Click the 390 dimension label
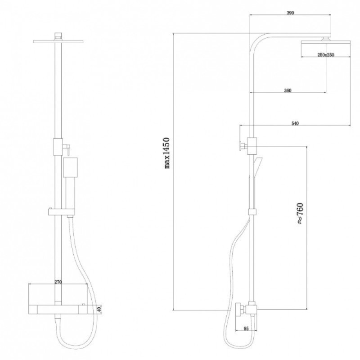pyautogui.click(x=290, y=13)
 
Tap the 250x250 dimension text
pyautogui.click(x=326, y=55)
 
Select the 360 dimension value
pyautogui.click(x=288, y=90)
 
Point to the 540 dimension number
pyautogui.click(x=295, y=123)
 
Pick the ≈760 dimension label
pyautogui.click(x=300, y=213)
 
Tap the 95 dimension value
pyautogui.click(x=246, y=329)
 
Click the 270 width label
pyautogui.click(x=58, y=282)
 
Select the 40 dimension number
pyautogui.click(x=99, y=310)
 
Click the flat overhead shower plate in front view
pyautogui.click(x=58, y=41)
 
